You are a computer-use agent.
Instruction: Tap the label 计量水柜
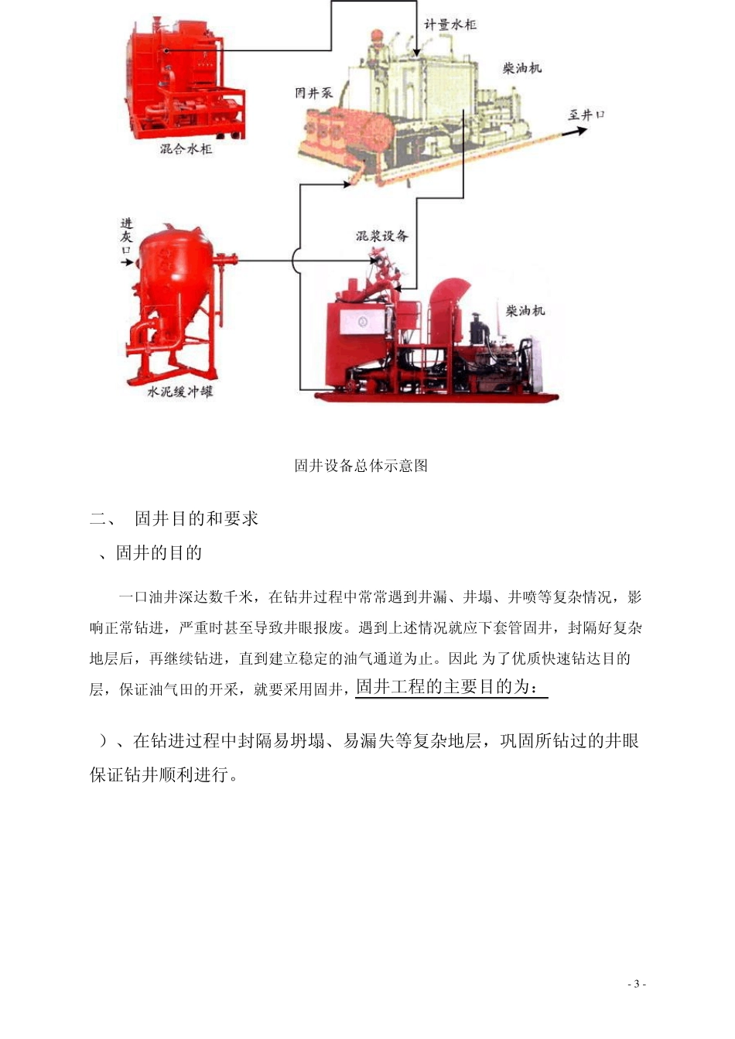coord(450,25)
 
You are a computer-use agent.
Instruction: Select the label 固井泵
coord(313,93)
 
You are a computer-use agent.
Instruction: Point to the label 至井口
coord(586,114)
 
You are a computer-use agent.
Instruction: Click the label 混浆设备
coord(381,235)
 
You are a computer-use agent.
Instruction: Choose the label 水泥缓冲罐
coord(179,392)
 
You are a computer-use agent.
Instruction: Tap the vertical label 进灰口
coord(126,236)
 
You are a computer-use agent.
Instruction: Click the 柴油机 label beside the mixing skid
coord(525,311)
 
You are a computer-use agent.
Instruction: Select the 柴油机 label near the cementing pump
coord(522,68)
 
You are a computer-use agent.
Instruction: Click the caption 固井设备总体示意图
coord(361,466)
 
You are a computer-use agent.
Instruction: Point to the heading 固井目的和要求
coord(197,519)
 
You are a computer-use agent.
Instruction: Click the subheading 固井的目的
coord(159,553)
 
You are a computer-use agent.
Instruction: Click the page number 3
coord(637,984)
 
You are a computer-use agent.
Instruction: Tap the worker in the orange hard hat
coord(377,45)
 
